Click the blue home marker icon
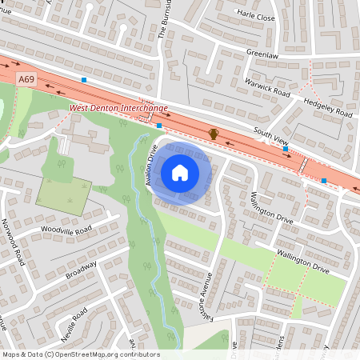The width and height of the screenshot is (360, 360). click(x=180, y=172)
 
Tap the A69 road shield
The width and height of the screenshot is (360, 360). click(x=26, y=78)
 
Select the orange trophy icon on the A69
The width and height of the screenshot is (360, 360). click(x=214, y=133)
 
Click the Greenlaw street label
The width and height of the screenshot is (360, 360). click(x=262, y=55)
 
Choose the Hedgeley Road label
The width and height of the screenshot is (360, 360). click(x=326, y=108)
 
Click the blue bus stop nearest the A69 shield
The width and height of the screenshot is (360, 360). click(x=83, y=80)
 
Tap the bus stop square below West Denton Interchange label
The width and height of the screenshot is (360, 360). click(x=159, y=126)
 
